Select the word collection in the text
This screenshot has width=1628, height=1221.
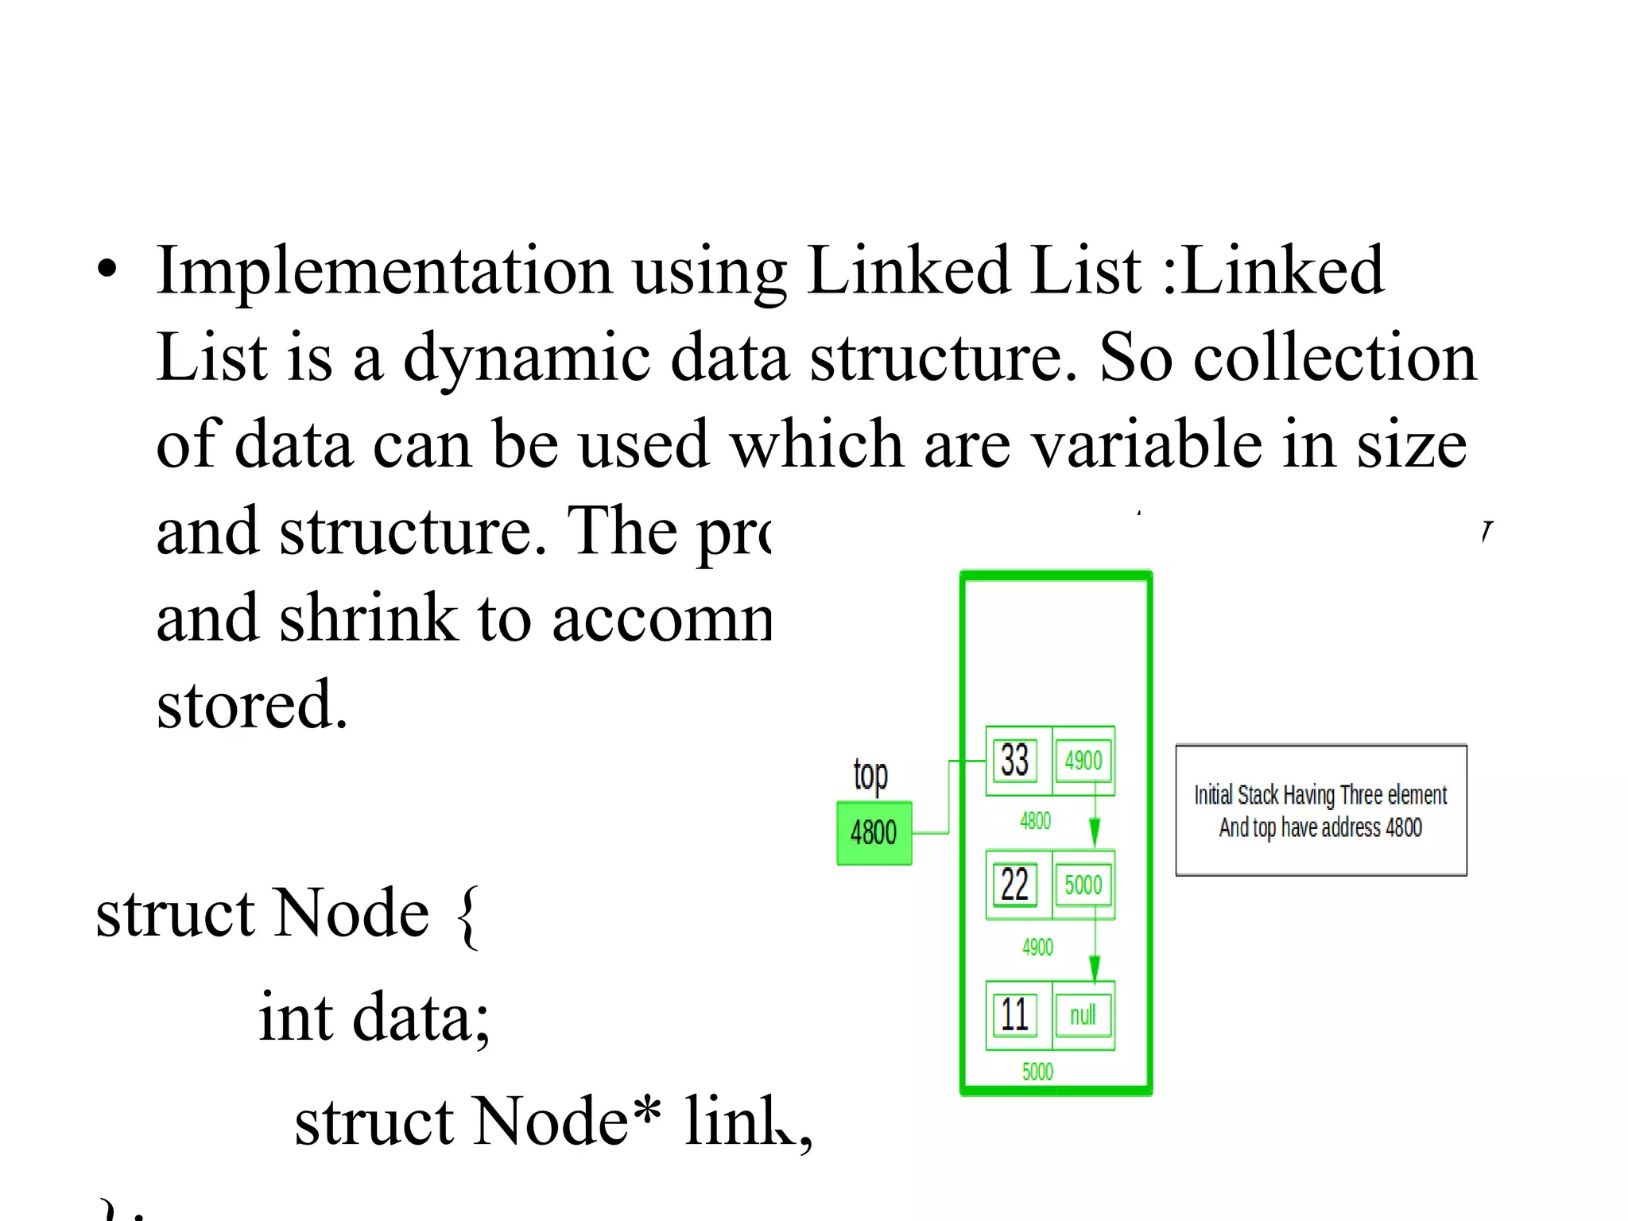1335,358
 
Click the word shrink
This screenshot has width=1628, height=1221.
368,618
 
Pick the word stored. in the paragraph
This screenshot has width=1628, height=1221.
252,705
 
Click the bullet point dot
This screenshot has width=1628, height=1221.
107,270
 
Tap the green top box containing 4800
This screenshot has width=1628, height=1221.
874,833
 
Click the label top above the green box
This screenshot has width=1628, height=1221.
870,775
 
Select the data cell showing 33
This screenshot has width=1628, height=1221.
1015,761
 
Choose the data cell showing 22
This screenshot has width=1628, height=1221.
1015,885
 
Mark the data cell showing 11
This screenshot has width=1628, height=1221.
1015,1015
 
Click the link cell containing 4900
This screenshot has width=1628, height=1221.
1083,761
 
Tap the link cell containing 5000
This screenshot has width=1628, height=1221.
1083,885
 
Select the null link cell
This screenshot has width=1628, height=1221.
1083,1015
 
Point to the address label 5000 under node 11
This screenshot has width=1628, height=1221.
1037,1072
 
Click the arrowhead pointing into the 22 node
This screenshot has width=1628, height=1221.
1095,835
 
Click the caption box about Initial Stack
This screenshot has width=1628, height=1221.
1320,811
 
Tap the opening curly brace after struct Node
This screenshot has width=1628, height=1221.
469,918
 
